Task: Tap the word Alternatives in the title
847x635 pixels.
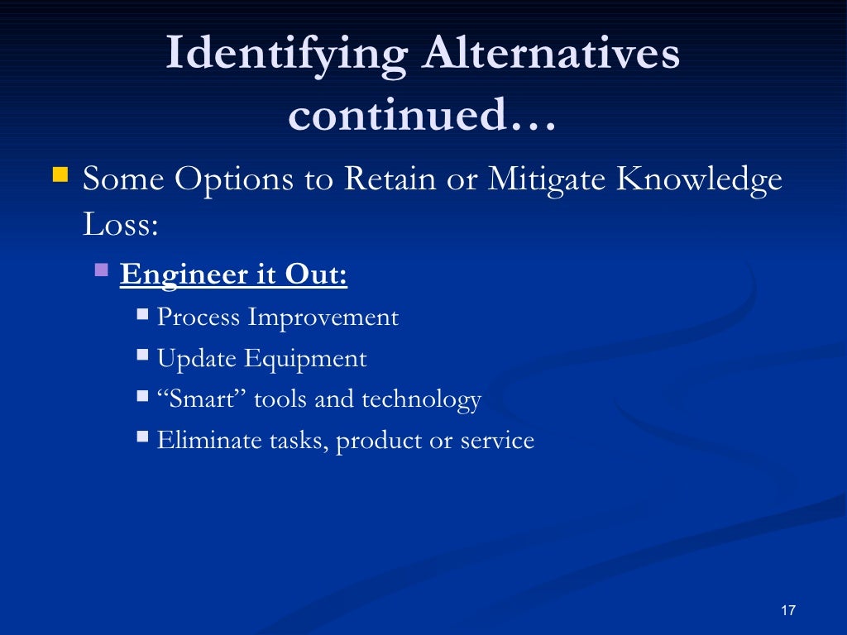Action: click(552, 54)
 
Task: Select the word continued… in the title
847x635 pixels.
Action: click(423, 115)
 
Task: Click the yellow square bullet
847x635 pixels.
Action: click(60, 174)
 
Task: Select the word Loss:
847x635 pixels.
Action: click(120, 223)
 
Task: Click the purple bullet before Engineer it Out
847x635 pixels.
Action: click(102, 269)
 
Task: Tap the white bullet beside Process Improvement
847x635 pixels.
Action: click(142, 314)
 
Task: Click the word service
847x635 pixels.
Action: click(497, 441)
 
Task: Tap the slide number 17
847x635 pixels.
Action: click(787, 610)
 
